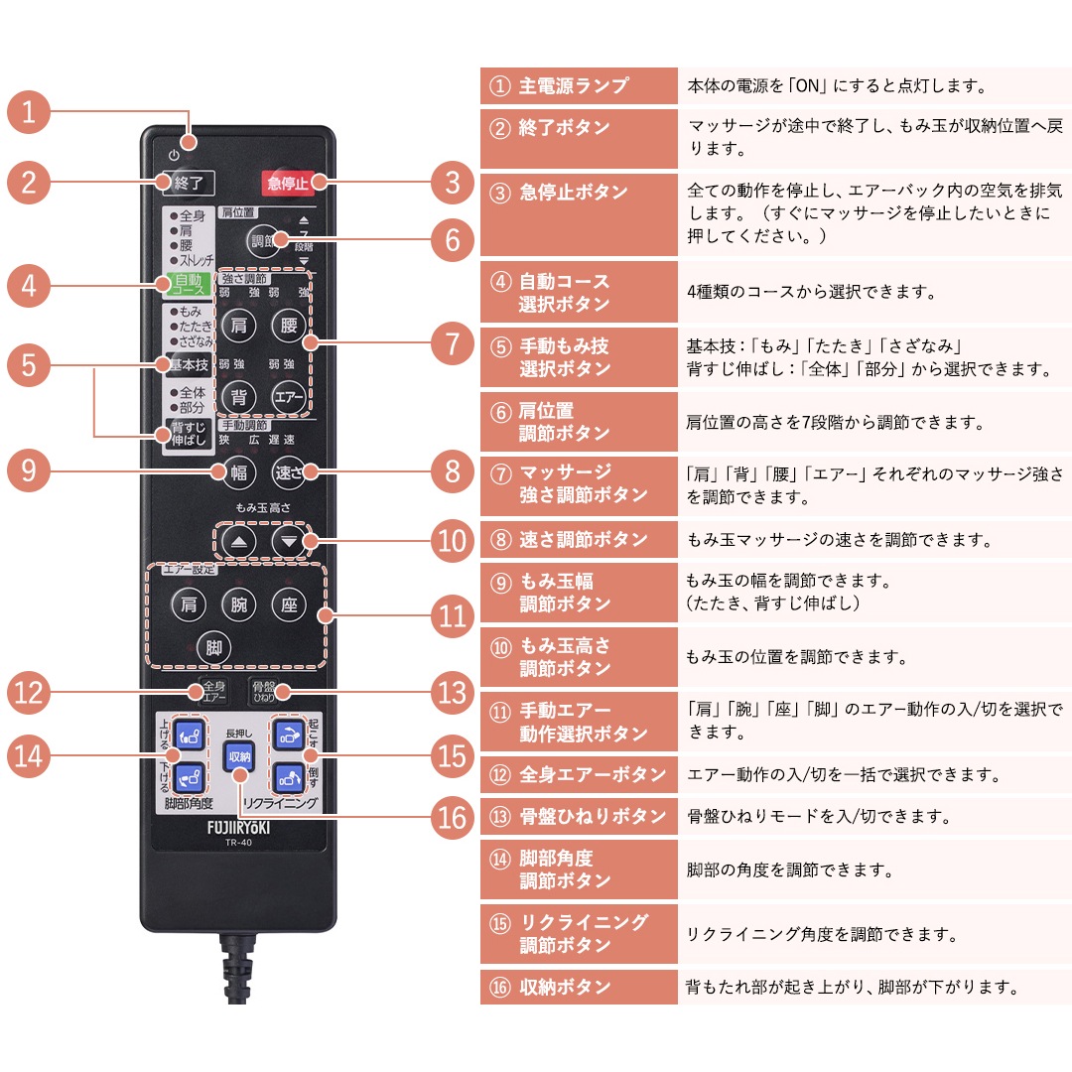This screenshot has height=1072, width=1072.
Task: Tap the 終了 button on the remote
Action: [x=188, y=183]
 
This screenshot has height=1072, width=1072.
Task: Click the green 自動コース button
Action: [x=188, y=285]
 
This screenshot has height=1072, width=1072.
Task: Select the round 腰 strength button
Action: [x=289, y=326]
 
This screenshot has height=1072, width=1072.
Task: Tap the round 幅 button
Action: [x=238, y=472]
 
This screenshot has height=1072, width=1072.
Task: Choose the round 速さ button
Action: [x=289, y=472]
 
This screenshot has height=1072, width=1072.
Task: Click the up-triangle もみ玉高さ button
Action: [x=238, y=542]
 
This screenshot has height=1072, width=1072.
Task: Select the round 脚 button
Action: [x=212, y=647]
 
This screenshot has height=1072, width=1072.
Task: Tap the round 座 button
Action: [x=289, y=604]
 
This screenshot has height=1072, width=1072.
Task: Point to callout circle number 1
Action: [x=29, y=111]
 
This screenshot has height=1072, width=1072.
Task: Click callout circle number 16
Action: [x=453, y=818]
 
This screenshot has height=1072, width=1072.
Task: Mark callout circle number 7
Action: [x=453, y=344]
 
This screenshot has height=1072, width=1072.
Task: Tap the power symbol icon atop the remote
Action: [x=175, y=155]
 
